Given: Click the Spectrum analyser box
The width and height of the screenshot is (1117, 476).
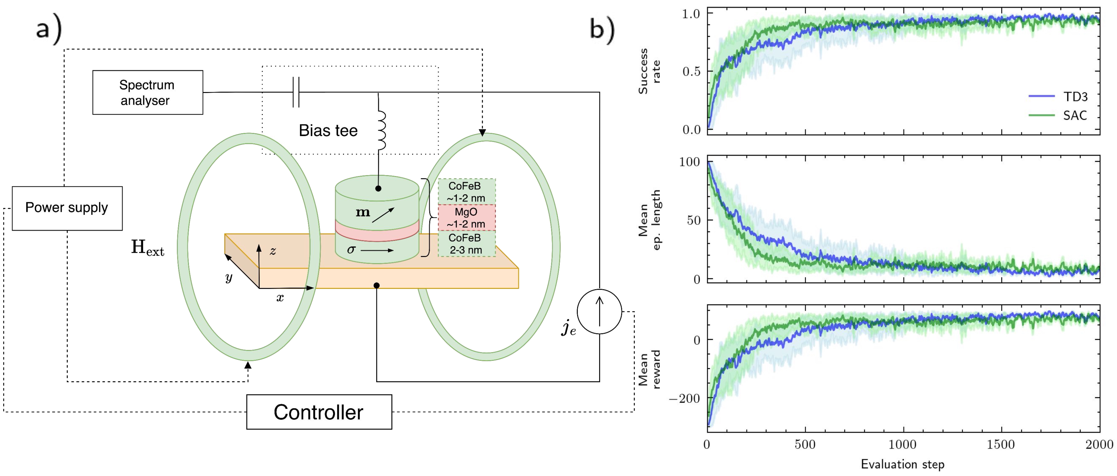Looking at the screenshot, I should tap(147, 92).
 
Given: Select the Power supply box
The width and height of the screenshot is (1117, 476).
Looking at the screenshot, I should tap(67, 208).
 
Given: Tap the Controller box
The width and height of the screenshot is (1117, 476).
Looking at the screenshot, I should tap(319, 412).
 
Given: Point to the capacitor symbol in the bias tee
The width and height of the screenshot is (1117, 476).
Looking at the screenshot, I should tap(296, 92).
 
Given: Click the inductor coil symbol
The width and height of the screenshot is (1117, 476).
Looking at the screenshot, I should tap(381, 130).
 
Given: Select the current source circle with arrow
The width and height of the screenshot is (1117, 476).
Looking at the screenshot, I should tap(599, 311).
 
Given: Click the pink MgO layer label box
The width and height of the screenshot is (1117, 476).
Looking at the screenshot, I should tap(466, 218).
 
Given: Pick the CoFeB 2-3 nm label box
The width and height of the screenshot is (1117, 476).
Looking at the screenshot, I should tap(466, 244).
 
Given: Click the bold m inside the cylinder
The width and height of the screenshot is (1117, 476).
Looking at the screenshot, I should tap(363, 212).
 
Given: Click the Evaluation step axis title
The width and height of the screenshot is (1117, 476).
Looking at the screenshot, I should tap(902, 464).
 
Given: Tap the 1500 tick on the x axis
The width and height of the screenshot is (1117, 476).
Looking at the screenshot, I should tap(1001, 445).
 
